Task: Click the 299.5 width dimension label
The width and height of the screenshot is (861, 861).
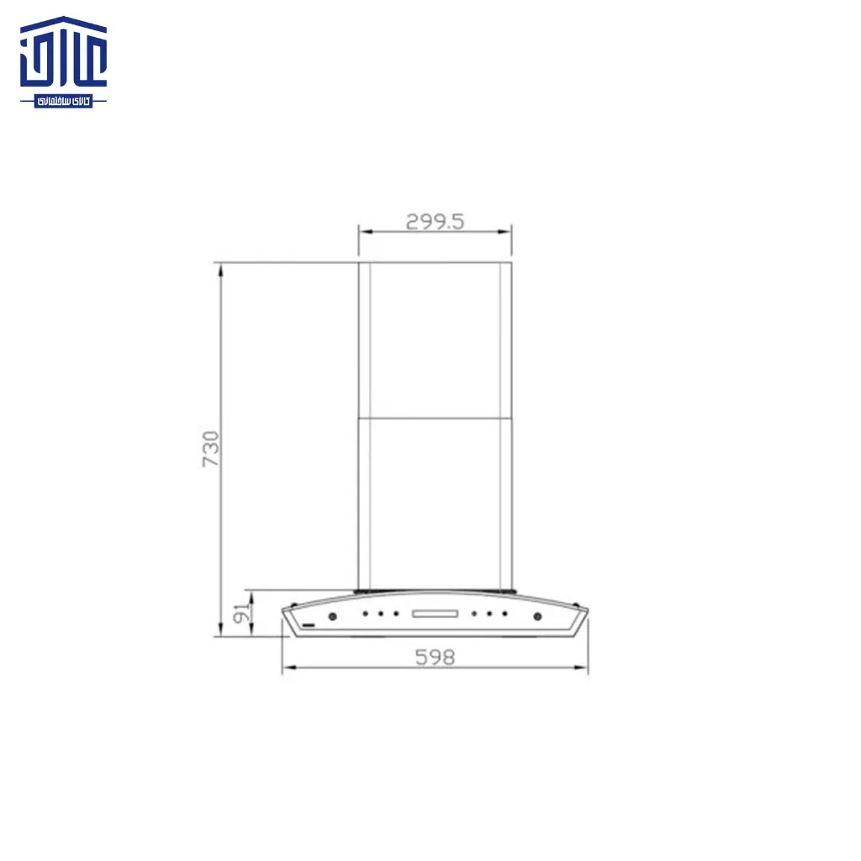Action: [x=435, y=221]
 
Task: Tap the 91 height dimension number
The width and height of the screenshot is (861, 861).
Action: [x=241, y=613]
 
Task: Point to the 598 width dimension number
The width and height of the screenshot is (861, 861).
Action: [x=435, y=657]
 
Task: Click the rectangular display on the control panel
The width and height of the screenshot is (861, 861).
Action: [x=435, y=614]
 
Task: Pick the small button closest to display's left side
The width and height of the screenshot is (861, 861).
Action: [x=396, y=614]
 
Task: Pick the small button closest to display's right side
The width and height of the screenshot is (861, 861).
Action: [x=474, y=614]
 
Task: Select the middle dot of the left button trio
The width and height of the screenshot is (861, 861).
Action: [x=381, y=614]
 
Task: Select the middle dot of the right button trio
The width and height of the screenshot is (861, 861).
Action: [x=489, y=614]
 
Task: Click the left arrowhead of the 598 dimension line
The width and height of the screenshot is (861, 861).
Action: [x=286, y=668]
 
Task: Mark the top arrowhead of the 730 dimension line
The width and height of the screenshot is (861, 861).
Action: [x=221, y=268]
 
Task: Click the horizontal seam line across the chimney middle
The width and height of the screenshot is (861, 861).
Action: [x=435, y=418]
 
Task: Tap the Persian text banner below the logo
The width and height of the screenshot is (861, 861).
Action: [x=63, y=101]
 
